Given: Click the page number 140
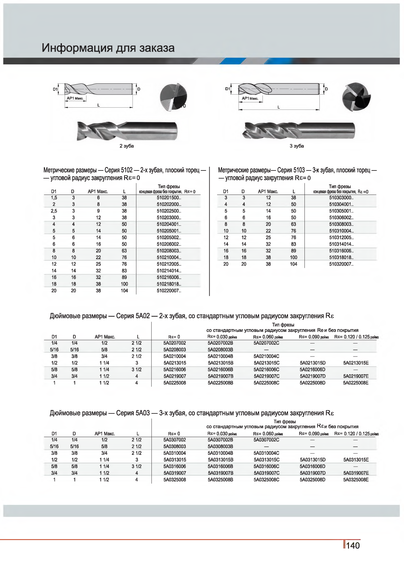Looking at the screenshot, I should point(353,546).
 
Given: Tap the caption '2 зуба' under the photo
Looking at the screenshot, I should point(127,146).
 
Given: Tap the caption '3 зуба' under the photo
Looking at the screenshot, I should point(297,146).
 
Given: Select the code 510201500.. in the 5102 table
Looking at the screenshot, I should point(169,198).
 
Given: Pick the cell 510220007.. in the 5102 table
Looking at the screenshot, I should point(169,291).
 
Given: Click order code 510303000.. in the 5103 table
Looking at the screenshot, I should point(341,198).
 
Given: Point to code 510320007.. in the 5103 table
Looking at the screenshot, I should point(341,264).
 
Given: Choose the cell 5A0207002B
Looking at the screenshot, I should point(220,343).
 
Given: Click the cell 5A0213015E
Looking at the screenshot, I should point(356,363).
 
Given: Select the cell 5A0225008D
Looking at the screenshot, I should point(312,383).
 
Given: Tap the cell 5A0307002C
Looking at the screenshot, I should point(266,440).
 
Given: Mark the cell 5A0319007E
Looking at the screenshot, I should point(356,473).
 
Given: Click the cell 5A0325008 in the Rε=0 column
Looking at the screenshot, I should point(174,480).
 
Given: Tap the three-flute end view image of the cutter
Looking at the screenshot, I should point(356,97).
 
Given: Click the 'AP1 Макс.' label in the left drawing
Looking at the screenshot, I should point(75,98).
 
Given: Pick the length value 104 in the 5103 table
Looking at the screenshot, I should point(293,264).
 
